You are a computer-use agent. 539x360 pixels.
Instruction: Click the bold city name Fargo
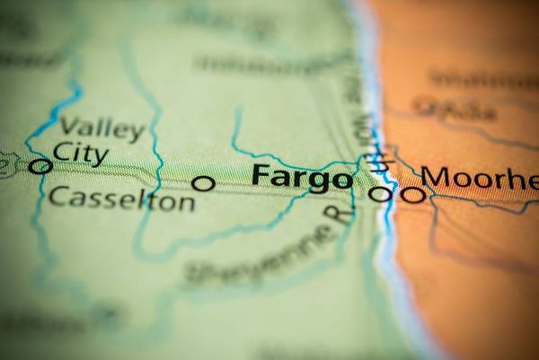click(x=302, y=177)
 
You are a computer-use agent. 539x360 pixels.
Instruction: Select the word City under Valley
click(x=80, y=152)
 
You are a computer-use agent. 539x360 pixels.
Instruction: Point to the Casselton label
click(x=120, y=199)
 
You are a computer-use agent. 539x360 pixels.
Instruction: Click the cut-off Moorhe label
click(x=481, y=178)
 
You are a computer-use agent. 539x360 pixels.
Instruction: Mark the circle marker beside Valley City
click(x=40, y=165)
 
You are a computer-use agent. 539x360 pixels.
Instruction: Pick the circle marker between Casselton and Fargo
click(x=204, y=183)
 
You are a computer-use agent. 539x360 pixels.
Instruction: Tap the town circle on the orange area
click(x=412, y=192)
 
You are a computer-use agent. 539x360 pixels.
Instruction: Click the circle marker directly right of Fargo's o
click(x=381, y=192)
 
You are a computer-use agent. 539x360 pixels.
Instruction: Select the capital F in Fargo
click(x=261, y=175)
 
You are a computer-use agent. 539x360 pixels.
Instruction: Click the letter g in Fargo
click(x=319, y=180)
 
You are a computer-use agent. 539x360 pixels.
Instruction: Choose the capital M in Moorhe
click(x=439, y=177)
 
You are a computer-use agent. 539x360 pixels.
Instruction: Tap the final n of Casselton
click(x=186, y=203)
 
